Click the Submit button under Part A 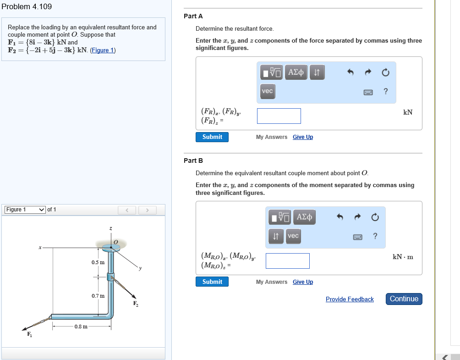pos(212,137)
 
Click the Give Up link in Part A pos(303,137)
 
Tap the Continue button pos(404,299)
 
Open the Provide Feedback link pos(350,299)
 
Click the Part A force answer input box pos(279,116)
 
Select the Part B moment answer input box pos(287,261)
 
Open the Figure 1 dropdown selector pos(25,210)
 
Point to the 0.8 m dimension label pos(81,327)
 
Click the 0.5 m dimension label pos(98,262)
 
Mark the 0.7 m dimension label pos(98,296)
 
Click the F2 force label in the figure pos(136,304)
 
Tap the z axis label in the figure pos(110,228)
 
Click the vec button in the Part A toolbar pos(267,91)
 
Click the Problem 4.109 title pos(27,6)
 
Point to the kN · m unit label pos(403,257)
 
